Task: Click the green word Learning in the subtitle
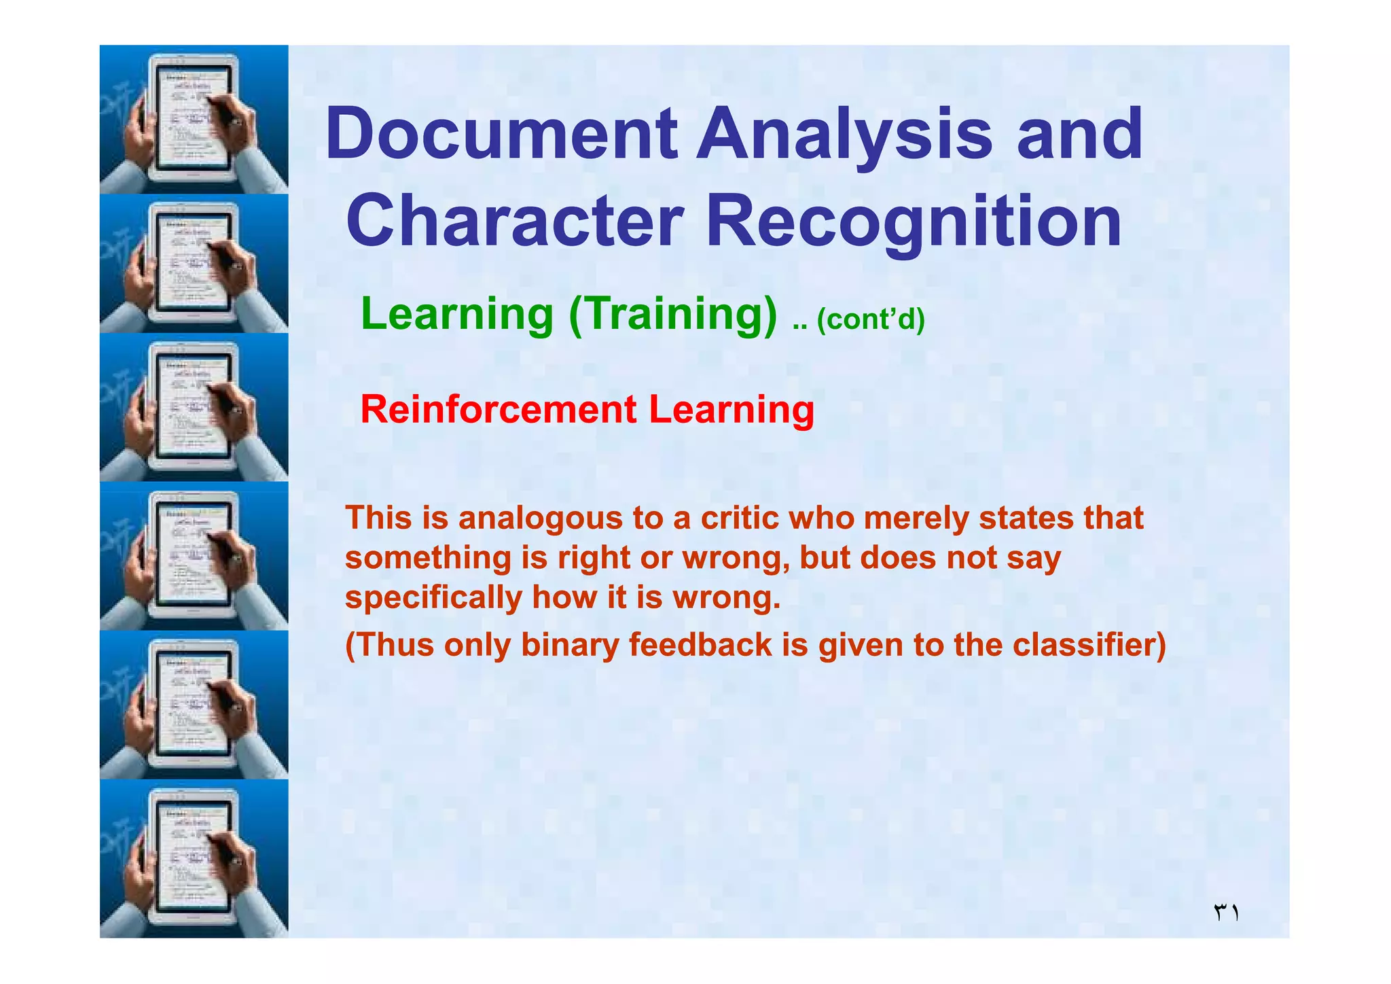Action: coord(457,314)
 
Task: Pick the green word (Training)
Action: coord(673,315)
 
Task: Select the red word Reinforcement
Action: coord(498,410)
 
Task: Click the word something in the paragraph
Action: coord(428,559)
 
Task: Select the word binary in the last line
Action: coord(569,646)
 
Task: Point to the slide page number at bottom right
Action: coord(1226,912)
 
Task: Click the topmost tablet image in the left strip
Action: coord(194,120)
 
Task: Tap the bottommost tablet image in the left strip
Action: coord(194,858)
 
